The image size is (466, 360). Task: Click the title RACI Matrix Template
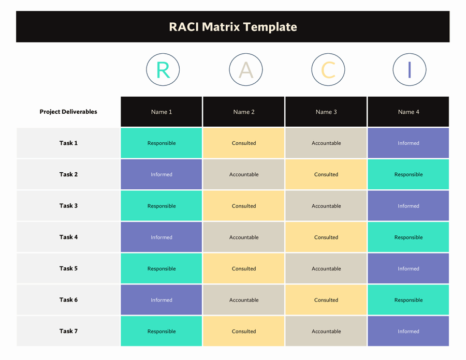[x=233, y=27]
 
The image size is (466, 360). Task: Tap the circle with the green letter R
[x=163, y=69]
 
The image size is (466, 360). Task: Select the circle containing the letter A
[x=245, y=69]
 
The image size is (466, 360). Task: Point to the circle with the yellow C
[x=328, y=69]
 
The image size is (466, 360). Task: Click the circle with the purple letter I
[x=409, y=69]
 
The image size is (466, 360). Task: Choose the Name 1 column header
[x=162, y=112]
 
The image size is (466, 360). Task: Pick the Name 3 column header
[x=326, y=112]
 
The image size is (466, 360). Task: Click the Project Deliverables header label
[x=68, y=112]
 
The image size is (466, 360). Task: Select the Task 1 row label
[x=68, y=143]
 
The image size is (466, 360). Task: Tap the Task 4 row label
[x=68, y=237]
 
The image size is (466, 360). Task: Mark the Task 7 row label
[x=68, y=331]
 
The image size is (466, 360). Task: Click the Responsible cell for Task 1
[x=162, y=143]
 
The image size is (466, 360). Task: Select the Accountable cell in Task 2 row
[x=244, y=174]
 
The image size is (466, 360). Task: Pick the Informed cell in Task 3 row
[x=409, y=206]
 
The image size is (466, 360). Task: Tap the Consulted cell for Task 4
[x=326, y=237]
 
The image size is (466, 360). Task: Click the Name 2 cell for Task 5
[x=244, y=268]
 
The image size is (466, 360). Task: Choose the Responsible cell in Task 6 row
[x=409, y=300]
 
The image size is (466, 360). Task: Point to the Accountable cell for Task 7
[x=326, y=331]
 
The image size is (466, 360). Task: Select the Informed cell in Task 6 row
[x=162, y=300]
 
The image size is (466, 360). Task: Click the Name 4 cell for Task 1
[x=409, y=143]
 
